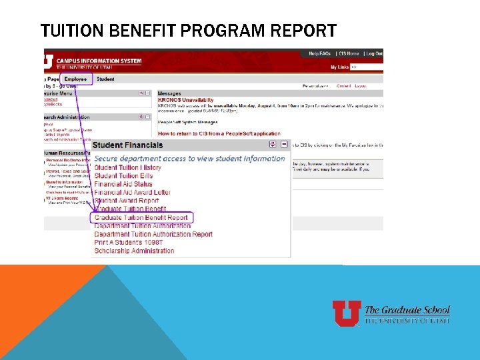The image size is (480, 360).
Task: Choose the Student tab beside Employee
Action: click(105, 79)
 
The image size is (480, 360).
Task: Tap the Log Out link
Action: click(374, 53)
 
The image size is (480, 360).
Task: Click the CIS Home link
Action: click(349, 53)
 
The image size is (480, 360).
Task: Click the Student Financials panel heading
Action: click(127, 145)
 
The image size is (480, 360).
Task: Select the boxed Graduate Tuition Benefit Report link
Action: click(141, 217)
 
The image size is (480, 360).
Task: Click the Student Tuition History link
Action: click(127, 167)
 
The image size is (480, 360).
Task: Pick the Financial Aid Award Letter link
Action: click(132, 193)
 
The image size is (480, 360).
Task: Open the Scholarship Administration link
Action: click(134, 251)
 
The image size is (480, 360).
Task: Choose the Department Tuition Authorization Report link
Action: click(153, 235)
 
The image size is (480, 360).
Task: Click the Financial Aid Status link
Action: click(123, 184)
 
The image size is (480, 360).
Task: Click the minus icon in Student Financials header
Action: click(284, 144)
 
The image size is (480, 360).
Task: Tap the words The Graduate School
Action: click(407, 310)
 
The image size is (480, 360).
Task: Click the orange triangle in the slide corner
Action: click(40, 307)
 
